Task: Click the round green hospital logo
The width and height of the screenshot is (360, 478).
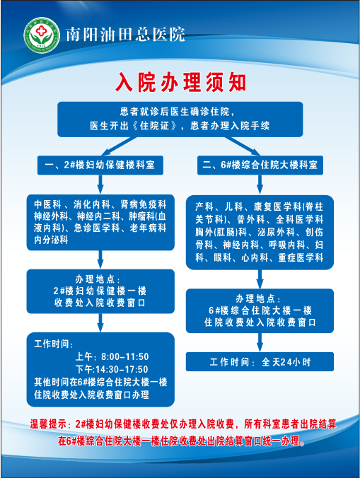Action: click(x=42, y=35)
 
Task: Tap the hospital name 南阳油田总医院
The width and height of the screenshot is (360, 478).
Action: click(x=125, y=34)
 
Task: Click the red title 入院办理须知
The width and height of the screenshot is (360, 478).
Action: click(x=180, y=82)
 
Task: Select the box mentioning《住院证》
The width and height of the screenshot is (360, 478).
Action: click(x=180, y=119)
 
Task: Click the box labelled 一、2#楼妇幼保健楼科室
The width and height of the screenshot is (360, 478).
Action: click(x=100, y=165)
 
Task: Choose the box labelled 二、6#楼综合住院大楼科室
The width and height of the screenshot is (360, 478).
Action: click(x=260, y=165)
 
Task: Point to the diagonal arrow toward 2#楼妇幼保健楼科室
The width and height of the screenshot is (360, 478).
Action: click(x=119, y=146)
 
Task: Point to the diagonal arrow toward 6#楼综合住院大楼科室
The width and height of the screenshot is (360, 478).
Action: click(x=243, y=146)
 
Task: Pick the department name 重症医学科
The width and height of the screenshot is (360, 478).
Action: click(x=301, y=257)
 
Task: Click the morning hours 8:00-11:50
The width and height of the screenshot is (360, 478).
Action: click(x=125, y=356)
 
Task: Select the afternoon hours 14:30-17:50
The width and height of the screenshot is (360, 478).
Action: click(x=122, y=370)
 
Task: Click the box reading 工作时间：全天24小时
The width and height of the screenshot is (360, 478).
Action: click(x=260, y=362)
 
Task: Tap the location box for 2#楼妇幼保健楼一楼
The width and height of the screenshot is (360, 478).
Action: click(x=100, y=291)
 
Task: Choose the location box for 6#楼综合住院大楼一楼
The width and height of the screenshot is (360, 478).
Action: click(x=260, y=310)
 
